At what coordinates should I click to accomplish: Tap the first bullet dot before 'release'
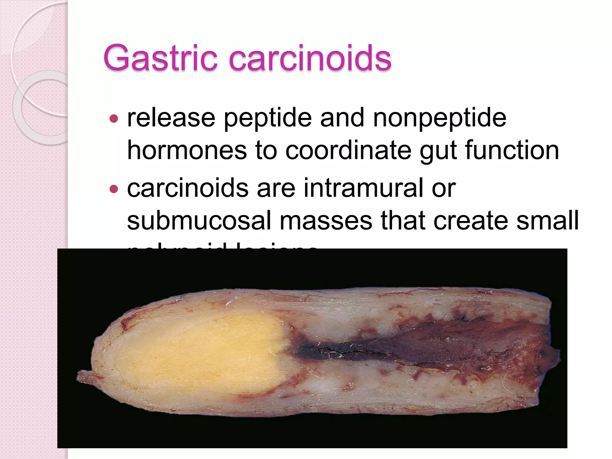click(x=114, y=119)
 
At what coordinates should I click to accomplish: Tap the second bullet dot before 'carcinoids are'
click(x=114, y=189)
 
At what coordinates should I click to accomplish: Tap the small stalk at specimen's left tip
click(x=85, y=377)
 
